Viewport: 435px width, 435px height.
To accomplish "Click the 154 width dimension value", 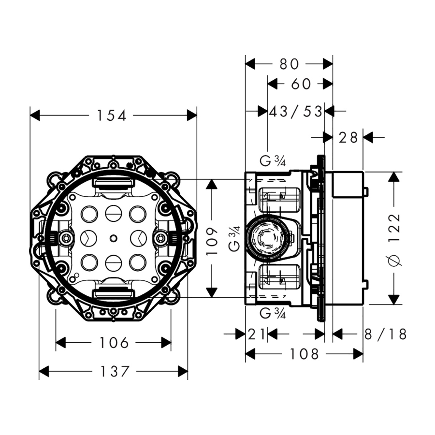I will [112, 116].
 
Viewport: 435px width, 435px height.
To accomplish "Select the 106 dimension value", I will [114, 343].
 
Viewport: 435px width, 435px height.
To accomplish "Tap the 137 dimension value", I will [115, 372].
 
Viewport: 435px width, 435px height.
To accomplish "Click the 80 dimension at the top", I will [289, 64].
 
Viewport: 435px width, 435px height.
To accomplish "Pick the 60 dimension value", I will [301, 84].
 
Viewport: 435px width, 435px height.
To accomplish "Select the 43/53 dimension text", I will [295, 112].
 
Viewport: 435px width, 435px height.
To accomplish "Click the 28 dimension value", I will [348, 138].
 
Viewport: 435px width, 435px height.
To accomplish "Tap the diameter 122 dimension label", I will [395, 238].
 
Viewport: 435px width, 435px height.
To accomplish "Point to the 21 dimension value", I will [257, 334].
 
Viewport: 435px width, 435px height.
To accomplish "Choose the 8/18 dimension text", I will [386, 334].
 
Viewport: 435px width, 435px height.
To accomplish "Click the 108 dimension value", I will [304, 354].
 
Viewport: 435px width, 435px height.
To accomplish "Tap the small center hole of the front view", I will [113, 238].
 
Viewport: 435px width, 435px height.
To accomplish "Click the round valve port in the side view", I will [265, 238].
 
